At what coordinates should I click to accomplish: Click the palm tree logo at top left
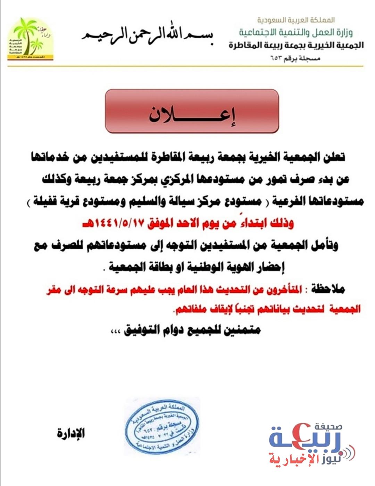pyautogui.click(x=30, y=39)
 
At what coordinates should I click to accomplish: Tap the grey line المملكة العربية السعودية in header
pyautogui.click(x=296, y=20)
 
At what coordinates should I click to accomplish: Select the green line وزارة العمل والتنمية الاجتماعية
pyautogui.click(x=295, y=33)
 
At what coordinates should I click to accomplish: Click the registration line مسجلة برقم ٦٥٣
pyautogui.click(x=295, y=58)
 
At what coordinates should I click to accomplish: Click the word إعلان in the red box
pyautogui.click(x=192, y=114)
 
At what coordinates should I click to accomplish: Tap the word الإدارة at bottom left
pyautogui.click(x=71, y=433)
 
